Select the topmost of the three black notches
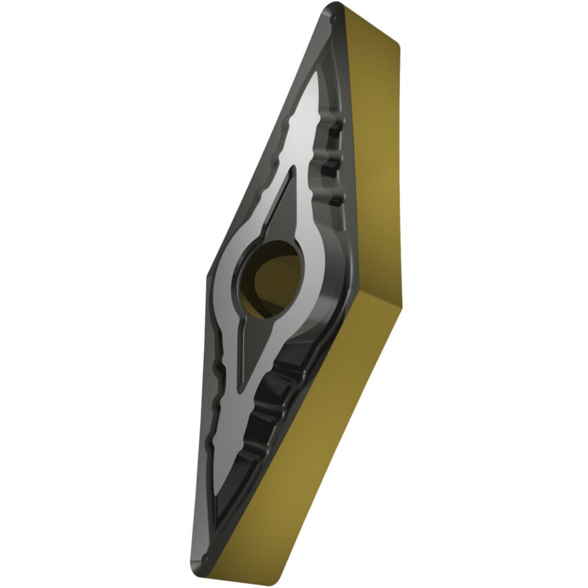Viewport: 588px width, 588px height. pyautogui.click(x=335, y=131)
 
